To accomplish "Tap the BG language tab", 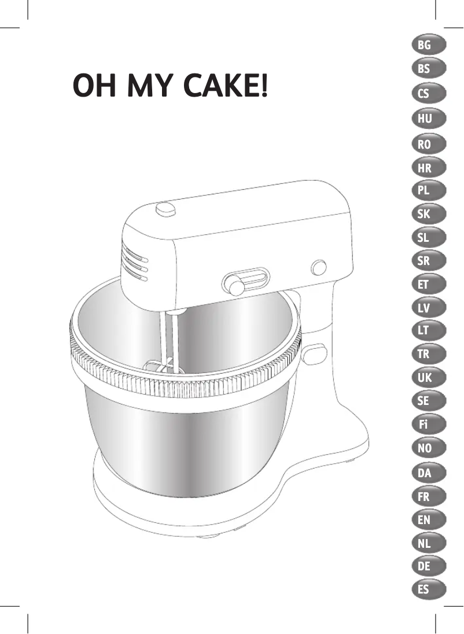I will (x=428, y=45).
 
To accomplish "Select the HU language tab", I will (x=428, y=119).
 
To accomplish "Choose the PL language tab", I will (x=428, y=190).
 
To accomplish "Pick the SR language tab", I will (x=428, y=261).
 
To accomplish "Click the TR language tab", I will (x=428, y=354).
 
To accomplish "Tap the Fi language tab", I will (x=428, y=425).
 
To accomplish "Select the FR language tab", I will (x=428, y=496).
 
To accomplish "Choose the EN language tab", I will (x=428, y=520).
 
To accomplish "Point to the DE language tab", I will (x=428, y=567).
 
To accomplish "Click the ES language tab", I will (x=428, y=590).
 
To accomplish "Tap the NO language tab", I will (x=428, y=448).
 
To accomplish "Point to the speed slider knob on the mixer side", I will (x=235, y=285).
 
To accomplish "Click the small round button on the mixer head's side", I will (x=319, y=267).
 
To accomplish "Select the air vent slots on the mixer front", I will (x=134, y=263).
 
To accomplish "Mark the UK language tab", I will (x=428, y=378).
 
